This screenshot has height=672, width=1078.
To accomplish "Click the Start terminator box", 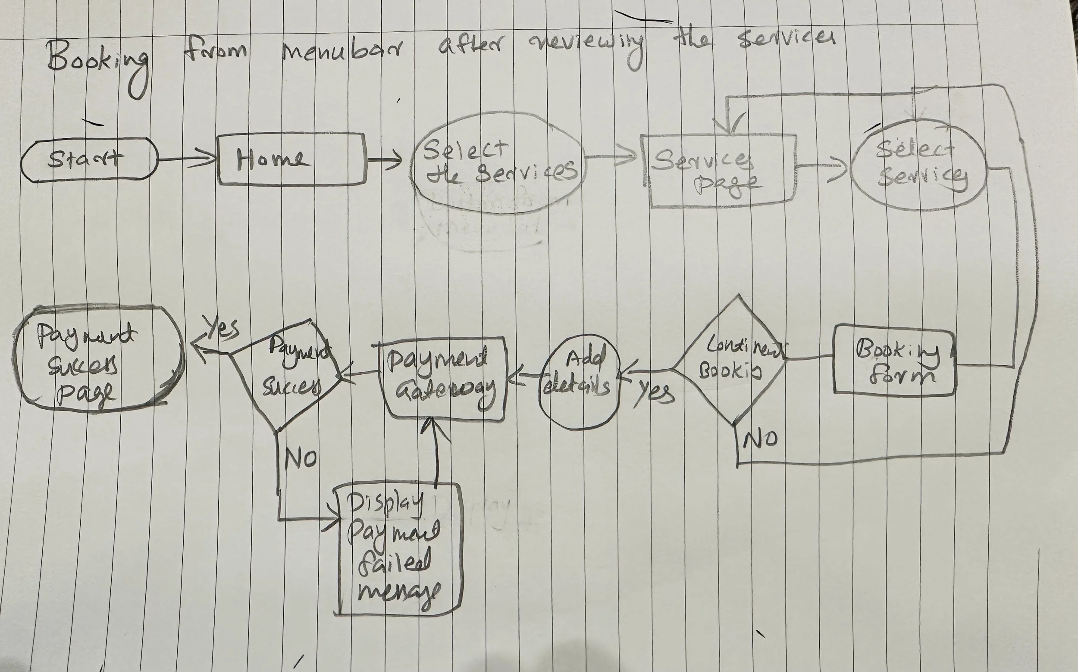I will point(89,159).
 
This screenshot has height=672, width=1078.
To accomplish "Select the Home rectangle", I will point(291,159).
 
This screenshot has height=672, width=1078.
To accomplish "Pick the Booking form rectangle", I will point(894,360).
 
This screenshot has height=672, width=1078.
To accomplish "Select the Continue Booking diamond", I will point(734,360).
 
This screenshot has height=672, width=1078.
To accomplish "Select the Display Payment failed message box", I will point(398,549).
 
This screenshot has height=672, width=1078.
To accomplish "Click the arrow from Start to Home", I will point(187,159).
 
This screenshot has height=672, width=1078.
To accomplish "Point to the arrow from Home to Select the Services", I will point(384,160).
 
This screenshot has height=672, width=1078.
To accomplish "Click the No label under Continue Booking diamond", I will point(760,439).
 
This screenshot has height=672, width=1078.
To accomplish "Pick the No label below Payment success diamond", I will point(301,458).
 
